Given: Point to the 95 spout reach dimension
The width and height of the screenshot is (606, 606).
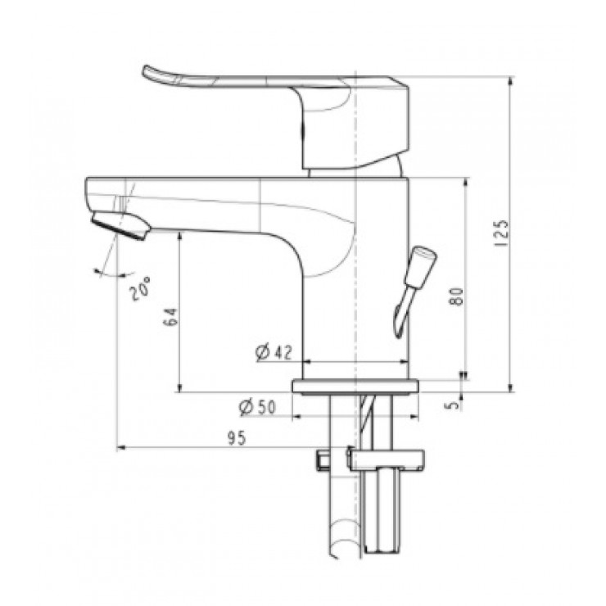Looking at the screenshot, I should pos(236,438).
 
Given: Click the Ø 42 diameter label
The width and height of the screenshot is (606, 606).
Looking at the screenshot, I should pos(274,352).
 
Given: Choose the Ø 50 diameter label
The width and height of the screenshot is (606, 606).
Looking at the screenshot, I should pos(255,407).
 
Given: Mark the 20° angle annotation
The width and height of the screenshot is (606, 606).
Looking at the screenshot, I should pos(140,289).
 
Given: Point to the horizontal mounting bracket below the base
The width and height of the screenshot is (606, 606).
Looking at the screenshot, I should pos(385,459).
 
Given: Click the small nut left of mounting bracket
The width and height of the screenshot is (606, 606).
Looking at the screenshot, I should pos(322,459).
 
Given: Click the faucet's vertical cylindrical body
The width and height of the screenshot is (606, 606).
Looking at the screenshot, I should pos(356,270).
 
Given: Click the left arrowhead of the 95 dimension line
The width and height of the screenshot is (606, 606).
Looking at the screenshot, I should pos(122,448).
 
